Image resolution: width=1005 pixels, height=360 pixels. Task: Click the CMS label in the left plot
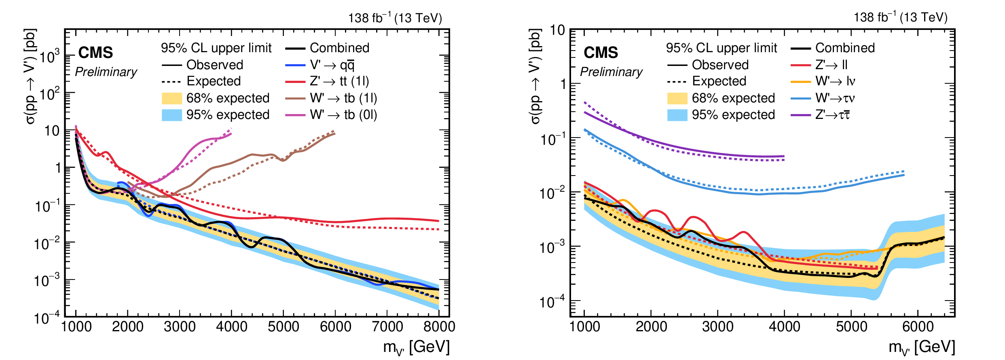pos(95,53)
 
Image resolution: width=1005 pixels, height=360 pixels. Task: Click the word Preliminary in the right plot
pos(611,72)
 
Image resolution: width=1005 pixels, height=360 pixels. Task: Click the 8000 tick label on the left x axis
pos(439,326)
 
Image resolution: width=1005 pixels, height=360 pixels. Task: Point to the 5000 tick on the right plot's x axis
pos(851,326)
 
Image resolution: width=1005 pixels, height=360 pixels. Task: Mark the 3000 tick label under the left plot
pos(180,326)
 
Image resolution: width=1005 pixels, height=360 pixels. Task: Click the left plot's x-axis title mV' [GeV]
pos(416,347)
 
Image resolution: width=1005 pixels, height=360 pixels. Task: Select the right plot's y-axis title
pos(535,77)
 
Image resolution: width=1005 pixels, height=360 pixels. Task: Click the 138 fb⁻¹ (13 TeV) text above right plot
pos(900,18)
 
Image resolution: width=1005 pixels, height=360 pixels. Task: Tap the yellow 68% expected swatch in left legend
pos(171,98)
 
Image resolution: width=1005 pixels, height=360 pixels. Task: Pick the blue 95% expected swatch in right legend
pos(677,115)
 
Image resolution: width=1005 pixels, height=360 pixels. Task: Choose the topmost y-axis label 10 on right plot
pos(557,30)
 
